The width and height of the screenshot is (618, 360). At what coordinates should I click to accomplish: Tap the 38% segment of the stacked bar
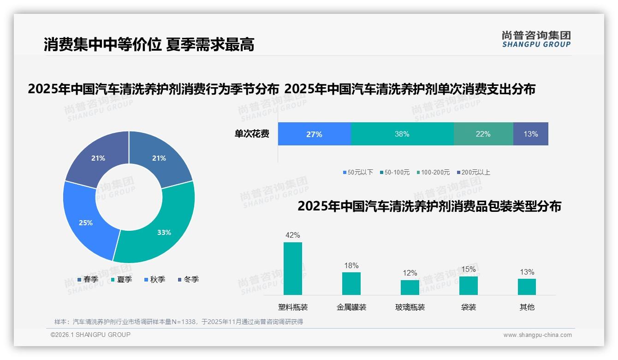click(x=402, y=134)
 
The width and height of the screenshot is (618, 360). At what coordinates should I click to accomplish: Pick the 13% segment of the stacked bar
click(x=530, y=134)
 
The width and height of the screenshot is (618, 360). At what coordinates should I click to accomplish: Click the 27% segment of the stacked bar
click(x=314, y=134)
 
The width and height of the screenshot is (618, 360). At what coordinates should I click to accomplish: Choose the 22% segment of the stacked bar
click(x=483, y=134)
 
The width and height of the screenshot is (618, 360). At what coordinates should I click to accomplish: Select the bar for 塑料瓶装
click(x=292, y=269)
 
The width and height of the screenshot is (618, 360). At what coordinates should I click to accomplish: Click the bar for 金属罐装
click(x=351, y=283)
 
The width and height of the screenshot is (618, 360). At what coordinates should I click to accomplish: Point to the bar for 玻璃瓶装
click(x=410, y=287)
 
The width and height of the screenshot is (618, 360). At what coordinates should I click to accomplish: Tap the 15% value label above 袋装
click(x=468, y=269)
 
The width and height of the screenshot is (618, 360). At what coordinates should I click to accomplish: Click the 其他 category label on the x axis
click(x=527, y=307)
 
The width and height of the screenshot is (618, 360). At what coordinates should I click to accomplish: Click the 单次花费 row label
click(x=252, y=134)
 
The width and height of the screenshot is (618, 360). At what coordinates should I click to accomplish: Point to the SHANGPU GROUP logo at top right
click(x=536, y=39)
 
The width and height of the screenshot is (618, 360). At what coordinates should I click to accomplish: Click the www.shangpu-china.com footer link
click(x=537, y=335)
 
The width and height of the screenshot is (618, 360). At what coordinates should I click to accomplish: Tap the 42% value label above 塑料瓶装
click(x=292, y=235)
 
